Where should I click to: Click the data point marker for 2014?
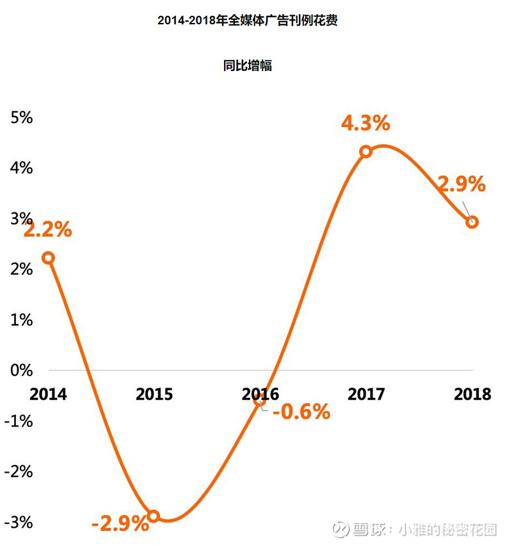point(47,258)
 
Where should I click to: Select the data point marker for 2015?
point(154,516)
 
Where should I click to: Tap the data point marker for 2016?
point(259,400)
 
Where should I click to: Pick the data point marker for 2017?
point(365,152)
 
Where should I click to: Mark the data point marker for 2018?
point(472,222)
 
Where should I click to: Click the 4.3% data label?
point(365,123)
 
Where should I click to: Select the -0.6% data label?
point(301,411)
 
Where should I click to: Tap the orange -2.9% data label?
point(120,525)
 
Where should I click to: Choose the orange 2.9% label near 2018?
point(461,185)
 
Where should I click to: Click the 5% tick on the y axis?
point(20,118)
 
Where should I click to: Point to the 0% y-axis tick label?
point(20,370)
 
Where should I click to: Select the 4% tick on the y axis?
point(20,168)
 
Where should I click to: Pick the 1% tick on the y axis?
point(20,319)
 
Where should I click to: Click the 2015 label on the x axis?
point(154,393)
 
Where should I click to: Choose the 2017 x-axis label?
point(366,393)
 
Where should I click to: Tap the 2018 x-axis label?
point(472,393)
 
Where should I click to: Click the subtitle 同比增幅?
point(248,65)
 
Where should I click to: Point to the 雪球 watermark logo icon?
point(340,530)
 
